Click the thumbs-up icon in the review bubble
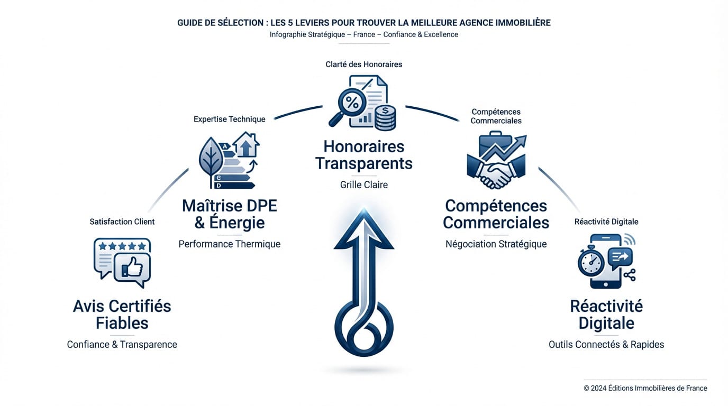132,269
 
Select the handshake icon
496,174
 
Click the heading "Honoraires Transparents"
364,155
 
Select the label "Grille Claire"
364,185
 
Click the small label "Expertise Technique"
229,119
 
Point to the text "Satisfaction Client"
122,222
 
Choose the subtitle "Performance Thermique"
229,244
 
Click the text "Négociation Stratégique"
496,244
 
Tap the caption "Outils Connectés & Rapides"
606,345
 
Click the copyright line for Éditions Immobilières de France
645,388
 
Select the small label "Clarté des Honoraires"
364,64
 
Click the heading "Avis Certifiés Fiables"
122,314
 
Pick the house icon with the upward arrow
246,145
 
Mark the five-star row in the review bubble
122,246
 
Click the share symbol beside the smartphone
630,274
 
